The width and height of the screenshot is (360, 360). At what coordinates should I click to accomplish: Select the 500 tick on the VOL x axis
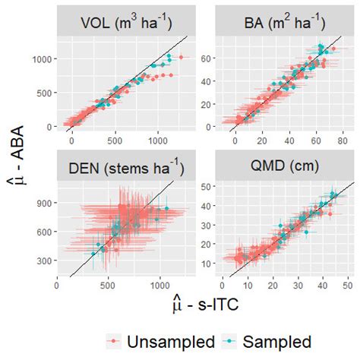pos(115,140)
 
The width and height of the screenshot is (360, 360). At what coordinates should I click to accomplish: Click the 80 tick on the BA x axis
pos(342,140)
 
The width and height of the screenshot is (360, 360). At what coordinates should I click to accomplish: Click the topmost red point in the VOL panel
pos(181,57)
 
